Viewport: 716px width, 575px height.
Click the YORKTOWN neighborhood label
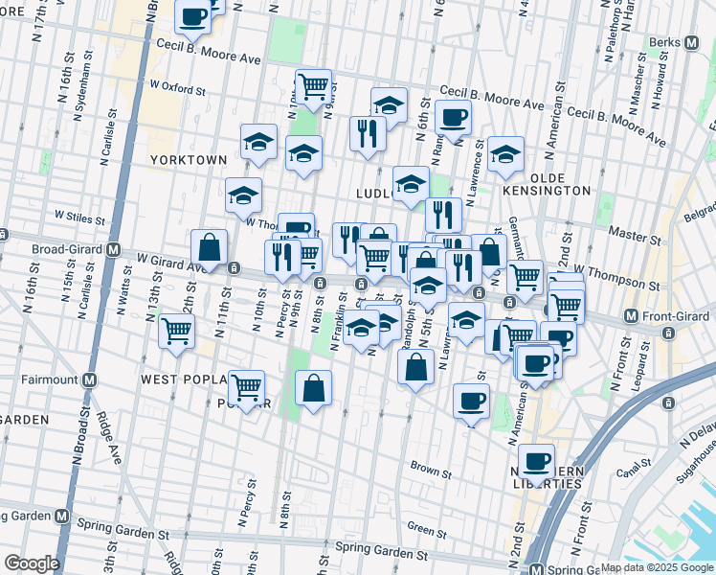point(188,160)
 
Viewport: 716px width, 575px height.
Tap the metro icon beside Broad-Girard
point(113,250)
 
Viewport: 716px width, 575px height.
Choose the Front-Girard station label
point(671,315)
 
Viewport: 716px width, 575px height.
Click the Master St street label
point(629,233)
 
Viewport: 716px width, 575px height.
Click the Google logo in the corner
point(32,563)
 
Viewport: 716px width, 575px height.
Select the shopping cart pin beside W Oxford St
point(313,86)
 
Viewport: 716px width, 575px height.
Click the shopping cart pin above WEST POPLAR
point(177,332)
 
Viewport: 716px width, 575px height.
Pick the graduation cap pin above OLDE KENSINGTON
point(504,152)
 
